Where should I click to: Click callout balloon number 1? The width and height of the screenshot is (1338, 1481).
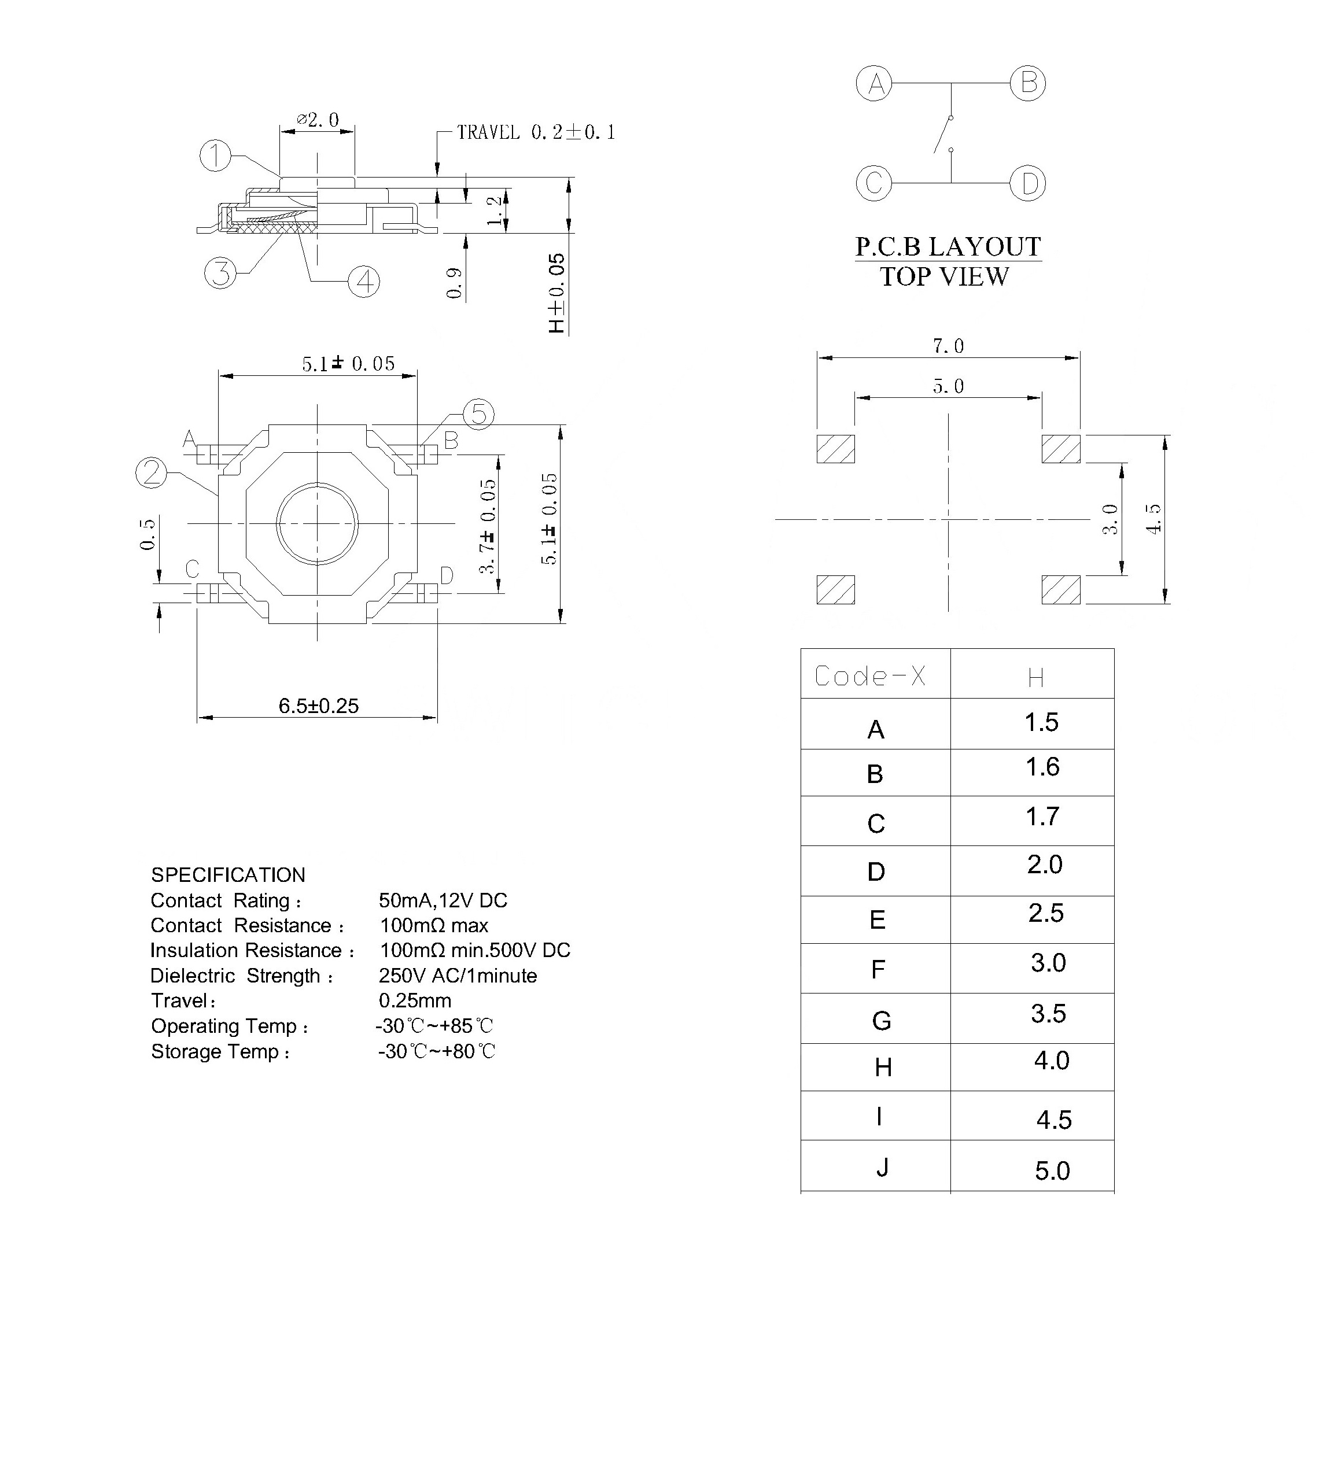[215, 156]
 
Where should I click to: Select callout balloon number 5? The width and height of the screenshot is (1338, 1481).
[478, 413]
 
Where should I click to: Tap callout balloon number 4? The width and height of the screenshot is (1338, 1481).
[364, 282]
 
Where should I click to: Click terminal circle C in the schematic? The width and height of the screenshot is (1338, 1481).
[873, 182]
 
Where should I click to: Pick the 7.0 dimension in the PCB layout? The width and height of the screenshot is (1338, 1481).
[948, 346]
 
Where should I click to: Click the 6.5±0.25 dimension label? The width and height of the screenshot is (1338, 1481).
[318, 706]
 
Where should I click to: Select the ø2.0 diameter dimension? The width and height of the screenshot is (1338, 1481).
[318, 120]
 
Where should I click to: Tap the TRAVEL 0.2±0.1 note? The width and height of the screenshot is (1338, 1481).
[536, 132]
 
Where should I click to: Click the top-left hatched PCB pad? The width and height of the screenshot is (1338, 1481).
[835, 449]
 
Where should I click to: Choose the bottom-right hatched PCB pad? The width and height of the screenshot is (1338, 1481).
[1061, 590]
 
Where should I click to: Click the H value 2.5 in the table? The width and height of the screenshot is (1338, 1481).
[1045, 913]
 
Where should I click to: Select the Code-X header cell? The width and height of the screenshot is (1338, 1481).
[870, 675]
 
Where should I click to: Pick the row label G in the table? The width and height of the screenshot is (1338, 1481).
[881, 1020]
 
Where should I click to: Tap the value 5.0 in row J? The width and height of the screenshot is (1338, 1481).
[1052, 1171]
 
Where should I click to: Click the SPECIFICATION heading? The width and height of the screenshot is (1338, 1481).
[228, 875]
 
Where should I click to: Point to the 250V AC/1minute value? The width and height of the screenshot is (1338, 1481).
[458, 976]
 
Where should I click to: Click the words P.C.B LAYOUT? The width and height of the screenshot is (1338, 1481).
[948, 247]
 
